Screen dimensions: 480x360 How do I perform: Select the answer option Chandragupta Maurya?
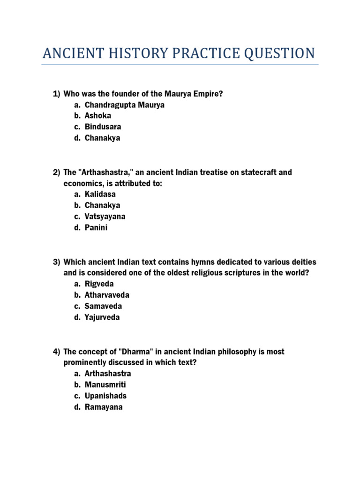point(125,105)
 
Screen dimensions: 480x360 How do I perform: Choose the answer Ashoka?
point(98,116)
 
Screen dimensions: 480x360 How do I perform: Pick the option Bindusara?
point(103,127)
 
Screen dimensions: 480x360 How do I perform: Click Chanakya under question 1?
point(102,138)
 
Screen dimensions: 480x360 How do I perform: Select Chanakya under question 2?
point(102,205)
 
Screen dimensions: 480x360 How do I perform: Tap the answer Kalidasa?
point(100,194)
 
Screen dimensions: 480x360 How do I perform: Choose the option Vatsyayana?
point(105,217)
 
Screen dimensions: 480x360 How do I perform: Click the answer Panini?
point(96,228)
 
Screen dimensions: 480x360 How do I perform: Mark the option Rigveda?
point(99,284)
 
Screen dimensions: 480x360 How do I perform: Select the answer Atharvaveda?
point(107,295)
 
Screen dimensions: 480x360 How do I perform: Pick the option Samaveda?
point(103,306)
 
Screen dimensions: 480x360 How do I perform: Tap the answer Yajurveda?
point(102,317)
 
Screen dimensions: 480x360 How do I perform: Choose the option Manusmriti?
point(105,385)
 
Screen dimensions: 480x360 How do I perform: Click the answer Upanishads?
point(105,396)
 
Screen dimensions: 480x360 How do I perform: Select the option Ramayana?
point(104,407)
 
